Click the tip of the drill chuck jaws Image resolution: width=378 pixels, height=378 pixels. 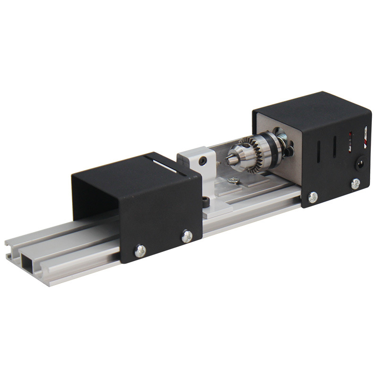(x=229, y=160)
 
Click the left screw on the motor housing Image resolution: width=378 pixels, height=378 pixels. (x=312, y=197)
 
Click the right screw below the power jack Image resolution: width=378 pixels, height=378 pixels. (x=355, y=183)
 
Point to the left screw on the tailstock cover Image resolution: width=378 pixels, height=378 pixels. (x=140, y=251)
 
